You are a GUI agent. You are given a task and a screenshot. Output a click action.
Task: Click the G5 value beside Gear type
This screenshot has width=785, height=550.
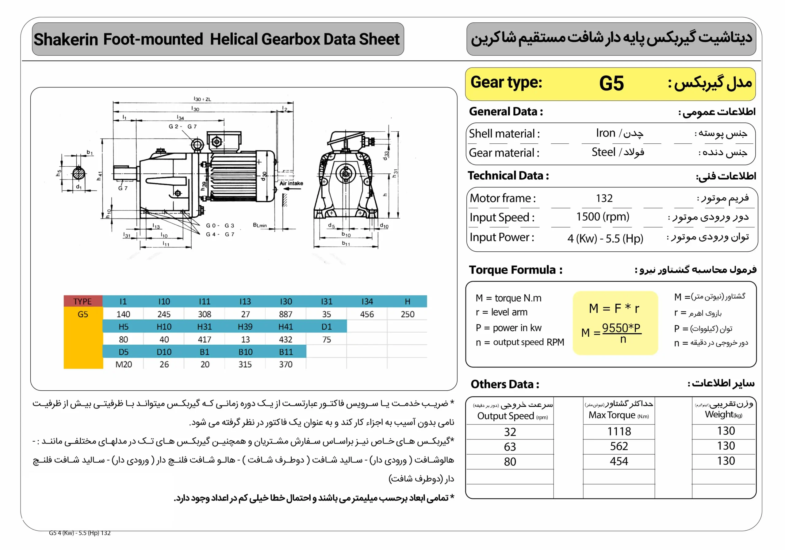(611, 83)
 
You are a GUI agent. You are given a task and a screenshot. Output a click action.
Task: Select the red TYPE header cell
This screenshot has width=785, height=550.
(83, 301)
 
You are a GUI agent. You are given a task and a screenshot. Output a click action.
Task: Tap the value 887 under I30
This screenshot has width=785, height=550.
(285, 314)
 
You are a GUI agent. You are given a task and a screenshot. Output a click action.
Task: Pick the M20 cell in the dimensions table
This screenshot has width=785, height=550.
(124, 365)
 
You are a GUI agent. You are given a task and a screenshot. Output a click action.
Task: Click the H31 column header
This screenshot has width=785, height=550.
(205, 327)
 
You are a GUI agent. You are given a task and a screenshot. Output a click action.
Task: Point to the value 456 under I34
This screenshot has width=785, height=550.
(367, 314)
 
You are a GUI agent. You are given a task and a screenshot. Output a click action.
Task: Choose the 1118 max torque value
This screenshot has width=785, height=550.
(619, 432)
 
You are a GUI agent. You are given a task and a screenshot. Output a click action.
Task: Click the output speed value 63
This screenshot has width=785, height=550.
(510, 447)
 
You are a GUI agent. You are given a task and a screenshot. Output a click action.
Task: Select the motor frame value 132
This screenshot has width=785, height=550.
(604, 198)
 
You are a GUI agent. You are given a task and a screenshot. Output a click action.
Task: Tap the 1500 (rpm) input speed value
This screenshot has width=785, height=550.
(603, 217)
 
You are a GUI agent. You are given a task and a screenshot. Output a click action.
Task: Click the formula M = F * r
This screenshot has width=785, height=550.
(614, 308)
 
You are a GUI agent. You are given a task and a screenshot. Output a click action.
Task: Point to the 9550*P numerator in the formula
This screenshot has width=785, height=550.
(621, 327)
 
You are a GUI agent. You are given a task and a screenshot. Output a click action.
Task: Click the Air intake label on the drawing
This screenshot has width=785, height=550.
(291, 184)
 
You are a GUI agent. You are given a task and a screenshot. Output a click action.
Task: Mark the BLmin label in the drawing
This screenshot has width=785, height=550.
(259, 225)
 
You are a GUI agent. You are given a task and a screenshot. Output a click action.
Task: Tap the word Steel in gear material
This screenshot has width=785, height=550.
(603, 152)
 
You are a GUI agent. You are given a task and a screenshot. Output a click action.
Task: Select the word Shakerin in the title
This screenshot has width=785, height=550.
(66, 39)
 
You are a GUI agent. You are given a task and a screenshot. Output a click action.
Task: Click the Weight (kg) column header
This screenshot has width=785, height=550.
(723, 414)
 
